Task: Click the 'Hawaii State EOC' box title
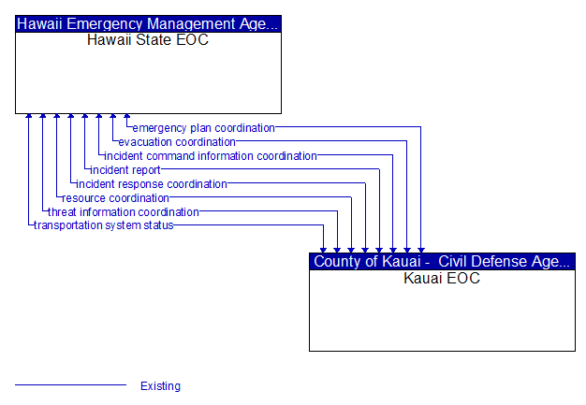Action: tap(148, 40)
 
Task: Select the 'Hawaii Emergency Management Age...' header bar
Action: tap(148, 24)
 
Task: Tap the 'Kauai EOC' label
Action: tap(442, 278)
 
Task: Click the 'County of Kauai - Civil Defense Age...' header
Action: tap(442, 261)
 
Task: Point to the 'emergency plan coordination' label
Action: tap(204, 128)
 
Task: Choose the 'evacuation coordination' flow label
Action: tap(177, 142)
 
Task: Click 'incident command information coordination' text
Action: tap(211, 156)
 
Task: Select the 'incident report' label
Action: tap(125, 170)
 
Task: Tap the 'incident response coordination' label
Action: tap(152, 184)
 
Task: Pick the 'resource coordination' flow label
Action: tap(115, 198)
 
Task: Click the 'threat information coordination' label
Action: tap(124, 212)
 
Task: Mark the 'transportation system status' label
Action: tap(104, 225)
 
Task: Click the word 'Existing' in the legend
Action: tap(160, 386)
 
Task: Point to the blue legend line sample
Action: tap(70, 384)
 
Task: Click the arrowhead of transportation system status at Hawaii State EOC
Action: tap(29, 116)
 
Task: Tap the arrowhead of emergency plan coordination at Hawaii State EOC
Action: tap(127, 116)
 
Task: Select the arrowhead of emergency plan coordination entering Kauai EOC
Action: tap(421, 251)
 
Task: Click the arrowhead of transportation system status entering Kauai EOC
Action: tap(323, 251)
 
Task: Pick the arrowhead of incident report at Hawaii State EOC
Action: tap(85, 116)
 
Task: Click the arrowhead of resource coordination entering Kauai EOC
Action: tap(351, 251)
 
